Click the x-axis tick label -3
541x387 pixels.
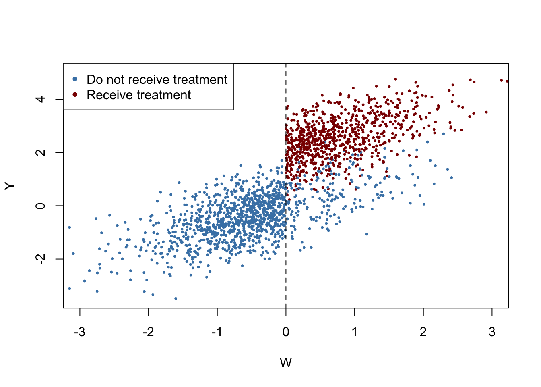[80, 332]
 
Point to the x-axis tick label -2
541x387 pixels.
[149, 332]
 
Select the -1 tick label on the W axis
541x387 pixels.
[217, 332]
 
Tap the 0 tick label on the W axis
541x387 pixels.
[286, 332]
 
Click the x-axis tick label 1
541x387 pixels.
[355, 332]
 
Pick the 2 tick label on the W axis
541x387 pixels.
[423, 332]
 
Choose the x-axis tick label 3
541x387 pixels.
[492, 332]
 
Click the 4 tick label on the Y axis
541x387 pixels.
[41, 99]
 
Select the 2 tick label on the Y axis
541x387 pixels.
[41, 152]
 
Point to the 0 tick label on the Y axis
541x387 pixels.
[41, 206]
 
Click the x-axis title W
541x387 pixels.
[286, 363]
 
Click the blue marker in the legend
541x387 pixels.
[75, 79]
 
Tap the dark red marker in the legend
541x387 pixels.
[75, 94]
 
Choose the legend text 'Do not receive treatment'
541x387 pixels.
[157, 79]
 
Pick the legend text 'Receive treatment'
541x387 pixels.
[139, 95]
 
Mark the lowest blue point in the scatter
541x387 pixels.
[176, 298]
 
